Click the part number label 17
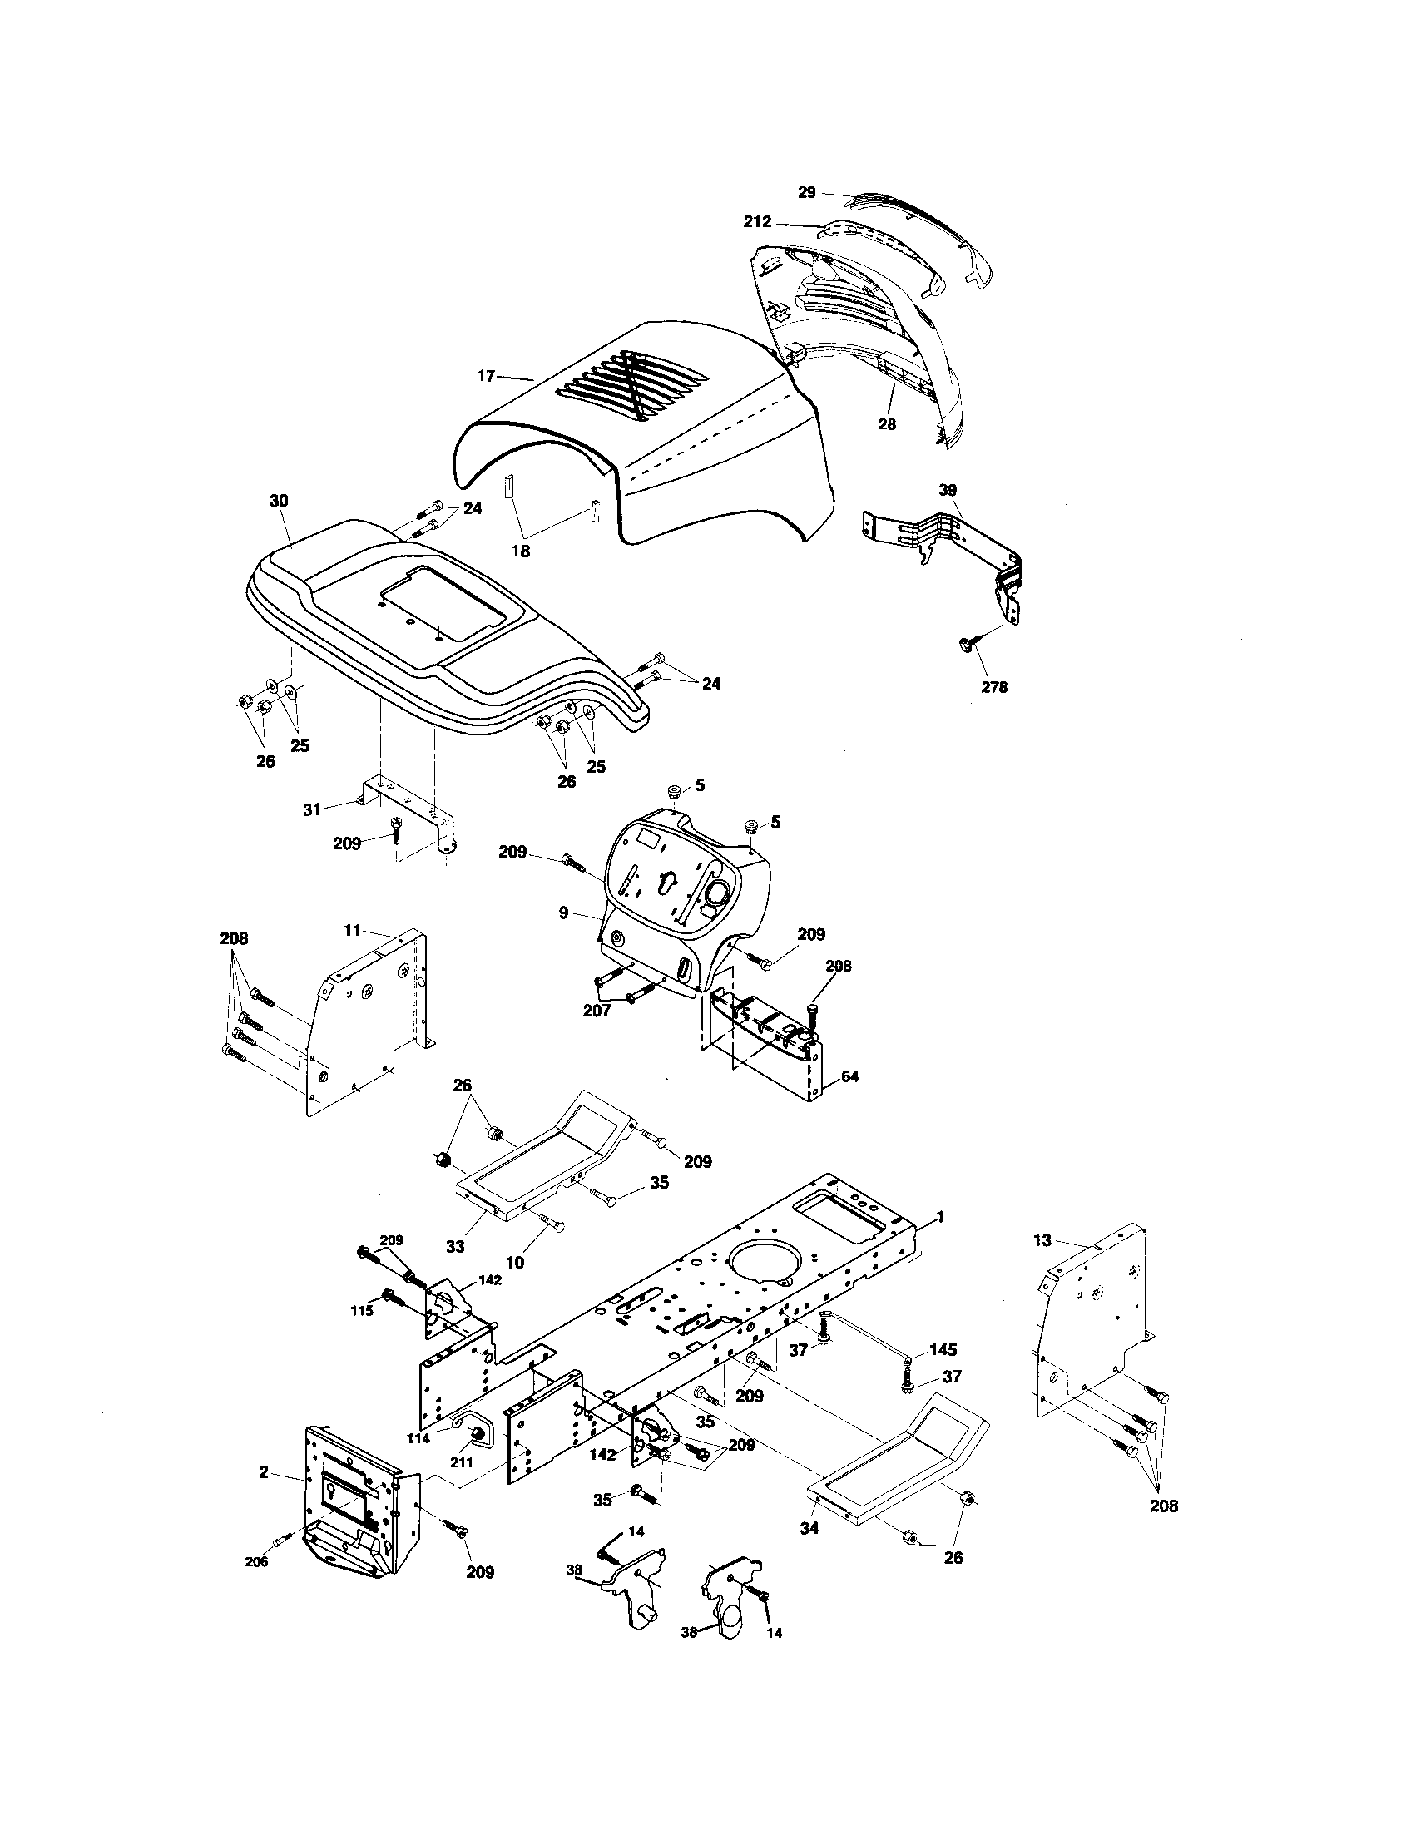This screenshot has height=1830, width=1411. point(487,376)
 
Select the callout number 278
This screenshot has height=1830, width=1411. point(993,687)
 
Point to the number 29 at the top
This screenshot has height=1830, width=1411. point(806,193)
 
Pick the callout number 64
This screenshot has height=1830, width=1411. point(849,1076)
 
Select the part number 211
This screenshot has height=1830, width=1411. point(462,1462)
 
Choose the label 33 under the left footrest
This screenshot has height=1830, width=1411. point(454,1246)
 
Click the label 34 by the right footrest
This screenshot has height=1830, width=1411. point(809,1528)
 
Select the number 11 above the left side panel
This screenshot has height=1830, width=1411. point(353,930)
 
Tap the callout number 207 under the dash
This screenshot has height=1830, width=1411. point(596,1011)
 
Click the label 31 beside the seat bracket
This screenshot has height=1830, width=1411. point(313,810)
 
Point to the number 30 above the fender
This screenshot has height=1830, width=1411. point(279,501)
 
